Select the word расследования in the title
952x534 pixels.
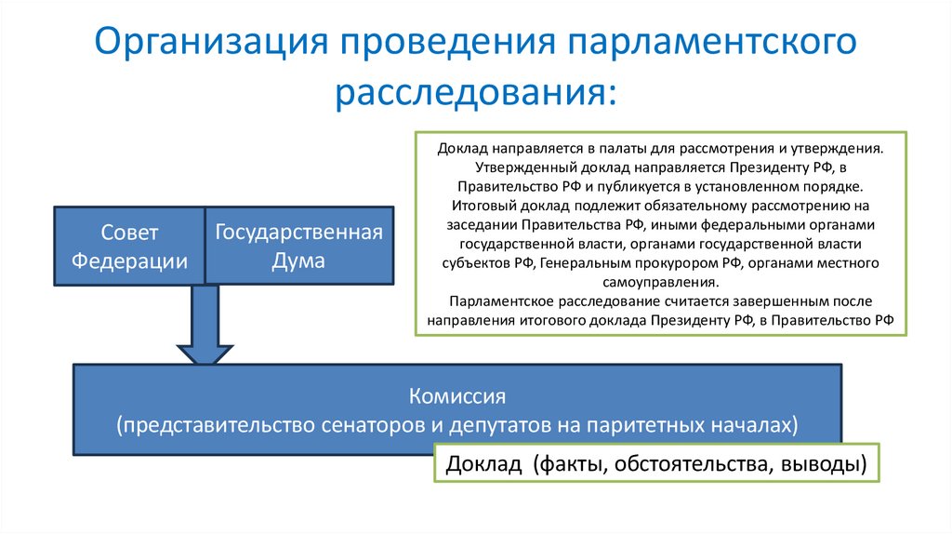click(475, 93)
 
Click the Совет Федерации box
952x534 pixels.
click(129, 247)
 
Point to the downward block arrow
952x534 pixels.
click(204, 326)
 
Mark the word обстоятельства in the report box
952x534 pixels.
click(686, 464)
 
